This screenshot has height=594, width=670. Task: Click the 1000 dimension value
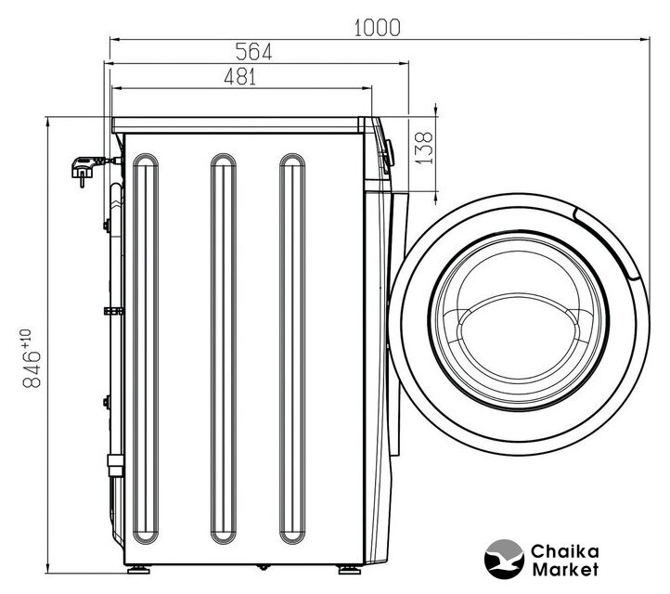(x=378, y=28)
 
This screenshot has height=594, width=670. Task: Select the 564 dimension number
(x=254, y=52)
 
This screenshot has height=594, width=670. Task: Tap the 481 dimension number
(x=240, y=77)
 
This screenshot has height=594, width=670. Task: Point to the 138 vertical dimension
(x=424, y=148)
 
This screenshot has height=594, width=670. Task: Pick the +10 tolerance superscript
(x=26, y=338)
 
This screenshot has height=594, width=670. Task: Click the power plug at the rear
(x=85, y=168)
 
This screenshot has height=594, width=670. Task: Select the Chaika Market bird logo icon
(x=504, y=560)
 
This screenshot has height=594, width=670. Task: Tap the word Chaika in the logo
(x=564, y=551)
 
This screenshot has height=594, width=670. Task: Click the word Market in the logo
(x=565, y=570)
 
